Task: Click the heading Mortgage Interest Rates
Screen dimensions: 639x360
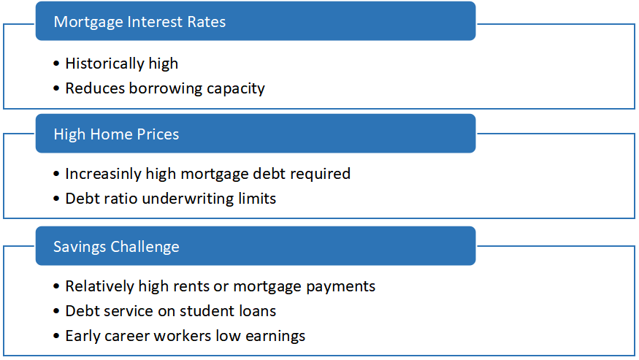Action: pos(139,22)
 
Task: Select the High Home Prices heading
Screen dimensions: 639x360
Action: pos(116,134)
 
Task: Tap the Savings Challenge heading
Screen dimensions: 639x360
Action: pos(116,247)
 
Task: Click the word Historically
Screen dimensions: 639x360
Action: pos(104,64)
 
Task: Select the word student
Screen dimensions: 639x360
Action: pos(204,310)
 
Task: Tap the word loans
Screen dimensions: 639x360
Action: pos(254,310)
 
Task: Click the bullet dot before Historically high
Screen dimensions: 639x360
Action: pos(56,64)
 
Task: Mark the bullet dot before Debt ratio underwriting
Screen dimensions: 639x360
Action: pos(56,199)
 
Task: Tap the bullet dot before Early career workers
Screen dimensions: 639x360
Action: pos(56,337)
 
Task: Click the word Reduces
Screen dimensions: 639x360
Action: pos(95,88)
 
